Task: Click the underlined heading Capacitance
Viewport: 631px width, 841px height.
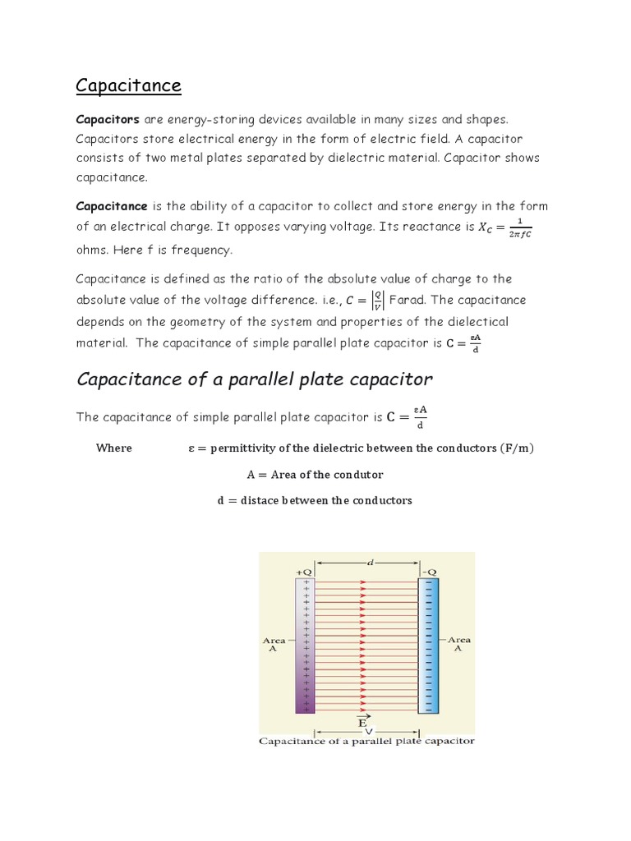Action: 128,85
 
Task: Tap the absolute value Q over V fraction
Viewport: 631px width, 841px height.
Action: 377,301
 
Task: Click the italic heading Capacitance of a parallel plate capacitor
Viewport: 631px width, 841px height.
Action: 254,379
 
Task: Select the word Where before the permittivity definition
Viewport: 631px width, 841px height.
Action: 113,448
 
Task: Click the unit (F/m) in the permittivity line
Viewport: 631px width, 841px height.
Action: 517,448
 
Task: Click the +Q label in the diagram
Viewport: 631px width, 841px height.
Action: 303,570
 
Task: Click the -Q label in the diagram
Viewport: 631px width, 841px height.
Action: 429,570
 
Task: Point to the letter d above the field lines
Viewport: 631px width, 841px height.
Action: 370,563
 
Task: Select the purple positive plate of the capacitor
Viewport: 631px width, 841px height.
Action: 305,645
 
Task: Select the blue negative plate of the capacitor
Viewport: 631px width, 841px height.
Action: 429,645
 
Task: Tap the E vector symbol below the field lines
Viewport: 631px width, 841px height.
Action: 362,720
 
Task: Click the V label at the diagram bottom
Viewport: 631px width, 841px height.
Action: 368,731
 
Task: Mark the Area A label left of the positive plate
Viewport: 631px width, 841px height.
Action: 274,644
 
